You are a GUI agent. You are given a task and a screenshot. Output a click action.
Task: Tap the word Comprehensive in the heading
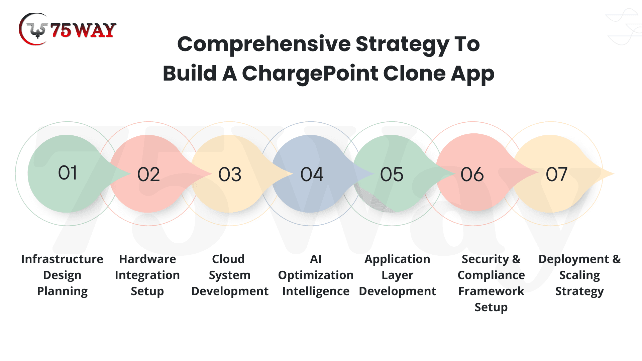(x=264, y=44)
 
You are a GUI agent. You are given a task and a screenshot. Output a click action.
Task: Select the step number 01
(x=68, y=173)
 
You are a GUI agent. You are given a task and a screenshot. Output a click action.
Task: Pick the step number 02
(x=149, y=174)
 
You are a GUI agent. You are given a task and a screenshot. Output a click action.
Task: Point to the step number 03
(x=230, y=174)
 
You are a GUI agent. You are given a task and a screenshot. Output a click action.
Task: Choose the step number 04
(x=312, y=174)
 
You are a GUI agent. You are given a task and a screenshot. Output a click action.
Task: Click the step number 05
(x=392, y=174)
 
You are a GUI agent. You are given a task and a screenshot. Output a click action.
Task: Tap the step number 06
(x=472, y=174)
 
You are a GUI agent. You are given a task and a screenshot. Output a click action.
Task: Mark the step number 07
(x=556, y=174)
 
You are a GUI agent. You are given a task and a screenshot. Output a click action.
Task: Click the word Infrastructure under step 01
(x=62, y=259)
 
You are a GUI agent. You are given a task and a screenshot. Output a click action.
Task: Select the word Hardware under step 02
(x=147, y=259)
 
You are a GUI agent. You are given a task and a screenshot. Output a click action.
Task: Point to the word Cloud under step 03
(x=228, y=259)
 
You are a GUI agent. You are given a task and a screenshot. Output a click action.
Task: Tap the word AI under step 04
(x=316, y=259)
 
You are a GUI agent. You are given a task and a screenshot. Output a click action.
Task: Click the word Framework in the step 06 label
(x=491, y=291)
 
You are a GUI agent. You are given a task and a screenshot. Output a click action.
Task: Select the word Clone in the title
(x=414, y=74)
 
